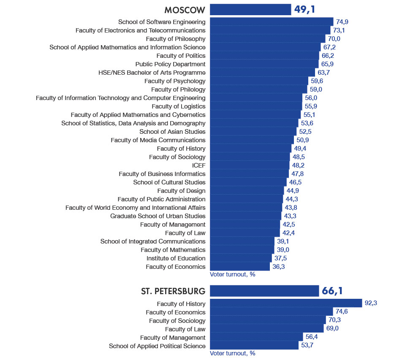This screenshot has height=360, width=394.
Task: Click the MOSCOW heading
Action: (x=185, y=10)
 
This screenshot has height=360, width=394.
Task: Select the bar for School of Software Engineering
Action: (x=272, y=22)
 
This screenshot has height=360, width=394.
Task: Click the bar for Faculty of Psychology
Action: (x=259, y=81)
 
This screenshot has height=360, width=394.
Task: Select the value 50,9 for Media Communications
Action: (x=304, y=140)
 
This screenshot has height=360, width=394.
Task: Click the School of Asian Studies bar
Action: (x=253, y=132)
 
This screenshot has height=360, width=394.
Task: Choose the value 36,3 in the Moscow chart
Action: (x=280, y=267)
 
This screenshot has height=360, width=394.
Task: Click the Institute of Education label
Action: (x=176, y=258)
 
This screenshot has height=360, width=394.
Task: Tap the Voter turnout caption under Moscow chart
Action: (x=233, y=274)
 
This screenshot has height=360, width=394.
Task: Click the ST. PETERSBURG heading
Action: (x=173, y=291)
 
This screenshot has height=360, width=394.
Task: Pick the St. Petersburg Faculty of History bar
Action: (x=286, y=304)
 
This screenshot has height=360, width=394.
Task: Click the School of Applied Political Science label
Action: (x=157, y=346)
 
